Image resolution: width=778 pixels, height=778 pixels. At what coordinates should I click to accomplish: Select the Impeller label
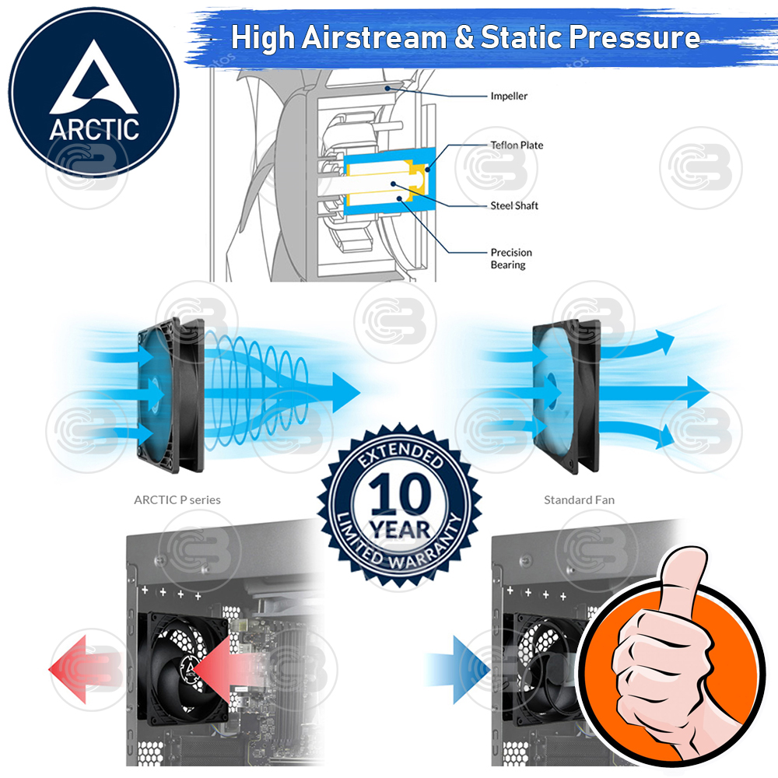click(509, 96)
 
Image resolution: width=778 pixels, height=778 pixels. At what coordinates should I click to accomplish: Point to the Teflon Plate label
click(517, 145)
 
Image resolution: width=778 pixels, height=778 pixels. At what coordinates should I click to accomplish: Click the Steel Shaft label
click(514, 206)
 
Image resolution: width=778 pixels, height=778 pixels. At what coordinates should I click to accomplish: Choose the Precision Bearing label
click(511, 258)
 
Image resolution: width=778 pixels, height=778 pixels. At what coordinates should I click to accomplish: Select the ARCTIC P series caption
click(177, 499)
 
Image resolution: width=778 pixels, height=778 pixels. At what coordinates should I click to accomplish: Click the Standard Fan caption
click(579, 499)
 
